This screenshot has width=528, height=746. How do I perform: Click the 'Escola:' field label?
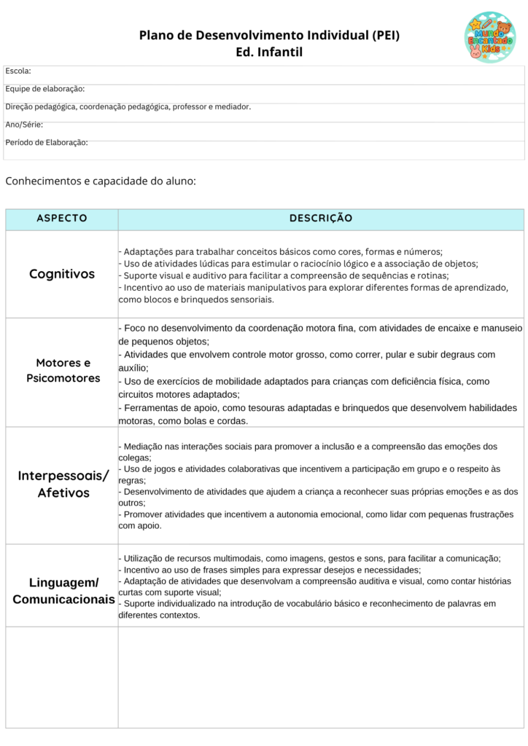point(18,71)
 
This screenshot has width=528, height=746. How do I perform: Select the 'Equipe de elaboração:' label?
point(45,89)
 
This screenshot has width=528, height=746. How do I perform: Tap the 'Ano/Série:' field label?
point(24,125)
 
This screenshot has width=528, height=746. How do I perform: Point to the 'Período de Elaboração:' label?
point(47,142)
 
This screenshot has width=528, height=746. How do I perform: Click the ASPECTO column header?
point(62,219)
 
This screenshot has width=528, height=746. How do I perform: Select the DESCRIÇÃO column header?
point(321,219)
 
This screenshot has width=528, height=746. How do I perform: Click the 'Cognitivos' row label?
point(62,274)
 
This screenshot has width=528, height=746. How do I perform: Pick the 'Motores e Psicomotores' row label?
point(63,370)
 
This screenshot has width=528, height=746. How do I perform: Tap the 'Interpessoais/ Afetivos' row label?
point(63,484)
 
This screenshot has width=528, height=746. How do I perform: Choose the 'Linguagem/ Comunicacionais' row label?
point(63,591)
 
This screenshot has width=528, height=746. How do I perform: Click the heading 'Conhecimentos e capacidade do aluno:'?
point(101,181)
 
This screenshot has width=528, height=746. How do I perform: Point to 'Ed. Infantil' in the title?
point(269,52)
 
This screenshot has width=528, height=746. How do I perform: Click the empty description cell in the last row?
point(321,677)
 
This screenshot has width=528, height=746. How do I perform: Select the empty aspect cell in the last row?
point(62,677)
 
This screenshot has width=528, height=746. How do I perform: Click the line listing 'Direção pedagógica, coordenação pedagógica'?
point(128,106)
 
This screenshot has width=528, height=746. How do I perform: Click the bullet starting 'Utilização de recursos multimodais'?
point(310,558)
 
